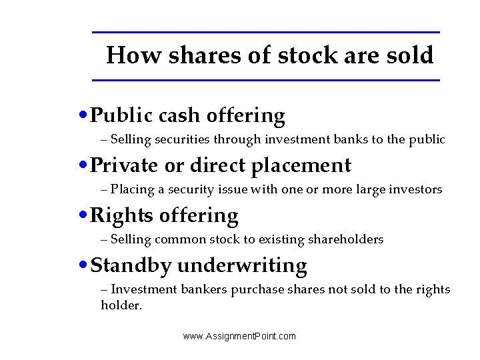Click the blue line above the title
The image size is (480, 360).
tap(265, 32)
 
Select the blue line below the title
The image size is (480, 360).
tap(265, 80)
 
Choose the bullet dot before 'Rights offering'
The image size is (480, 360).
tap(82, 215)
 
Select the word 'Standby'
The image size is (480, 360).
tap(131, 265)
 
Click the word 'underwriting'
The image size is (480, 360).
tap(242, 265)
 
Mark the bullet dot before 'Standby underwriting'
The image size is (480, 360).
tap(82, 265)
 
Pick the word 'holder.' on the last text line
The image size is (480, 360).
tap(122, 305)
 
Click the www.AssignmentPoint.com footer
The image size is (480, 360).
tap(239, 336)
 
